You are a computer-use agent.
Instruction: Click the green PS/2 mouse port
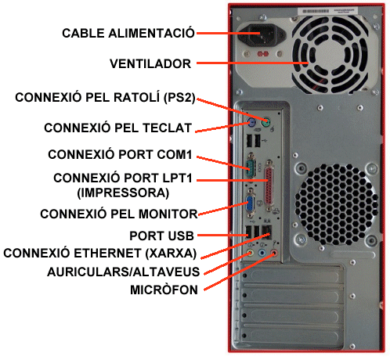265,122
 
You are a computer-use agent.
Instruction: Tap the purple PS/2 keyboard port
251,121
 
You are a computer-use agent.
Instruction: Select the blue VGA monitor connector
250,203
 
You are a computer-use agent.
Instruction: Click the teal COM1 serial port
251,165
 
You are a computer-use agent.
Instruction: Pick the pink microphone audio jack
274,253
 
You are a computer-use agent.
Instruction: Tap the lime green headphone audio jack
251,253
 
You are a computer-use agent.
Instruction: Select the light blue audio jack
262,253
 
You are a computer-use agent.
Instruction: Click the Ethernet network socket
266,232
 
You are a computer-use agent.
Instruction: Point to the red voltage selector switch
263,54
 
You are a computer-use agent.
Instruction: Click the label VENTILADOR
150,64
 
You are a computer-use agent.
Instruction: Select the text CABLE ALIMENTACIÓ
128,33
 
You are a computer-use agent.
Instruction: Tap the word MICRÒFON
164,290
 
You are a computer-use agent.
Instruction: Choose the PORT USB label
161,236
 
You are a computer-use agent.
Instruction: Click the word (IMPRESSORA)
123,193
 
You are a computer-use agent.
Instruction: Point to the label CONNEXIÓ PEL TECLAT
117,128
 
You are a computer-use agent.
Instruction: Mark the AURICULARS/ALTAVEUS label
123,272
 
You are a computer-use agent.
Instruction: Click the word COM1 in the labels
174,154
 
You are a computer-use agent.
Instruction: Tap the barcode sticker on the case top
327,11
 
